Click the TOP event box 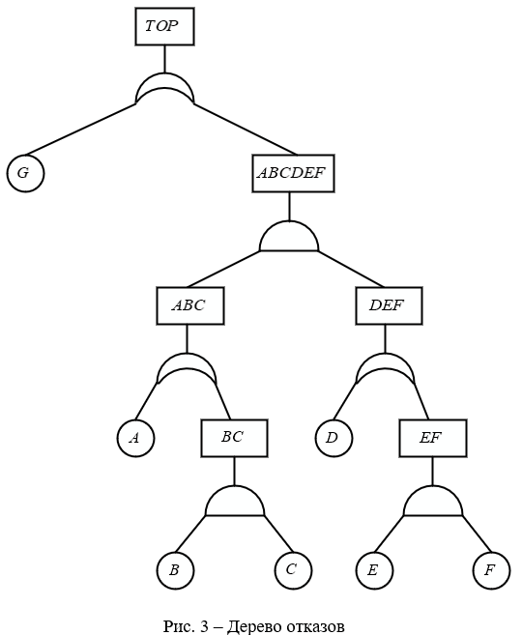[164, 26]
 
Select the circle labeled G [25, 173]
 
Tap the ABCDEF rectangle [293, 173]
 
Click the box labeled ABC [190, 305]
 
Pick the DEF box [389, 305]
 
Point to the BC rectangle [235, 438]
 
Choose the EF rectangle [433, 438]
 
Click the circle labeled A [135, 438]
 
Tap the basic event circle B [175, 570]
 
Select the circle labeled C [293, 570]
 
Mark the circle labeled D [333, 438]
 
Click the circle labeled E [374, 570]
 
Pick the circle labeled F [491, 570]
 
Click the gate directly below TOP [164, 80]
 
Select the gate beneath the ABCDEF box [289, 237]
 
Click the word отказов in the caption [315, 626]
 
